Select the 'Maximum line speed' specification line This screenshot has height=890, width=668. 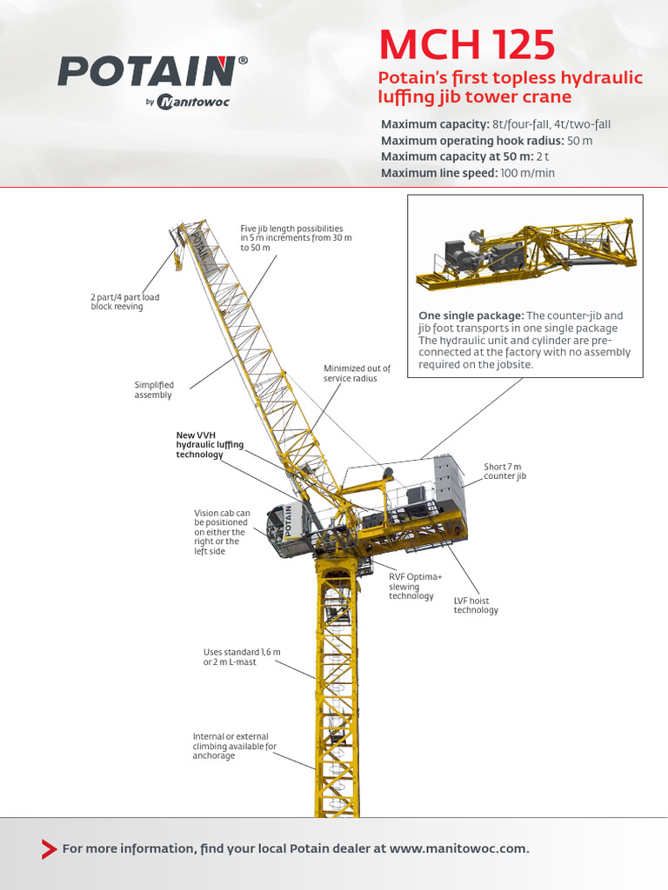[468, 173]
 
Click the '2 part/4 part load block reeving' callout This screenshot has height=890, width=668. [125, 302]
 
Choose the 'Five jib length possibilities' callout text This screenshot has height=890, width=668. [296, 237]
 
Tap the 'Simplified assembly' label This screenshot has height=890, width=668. [154, 389]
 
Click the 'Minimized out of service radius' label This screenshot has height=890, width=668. [357, 374]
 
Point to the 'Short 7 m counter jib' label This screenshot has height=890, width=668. [504, 471]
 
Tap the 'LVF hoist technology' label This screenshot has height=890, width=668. [476, 605]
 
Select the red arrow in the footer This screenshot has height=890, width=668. [50, 849]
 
